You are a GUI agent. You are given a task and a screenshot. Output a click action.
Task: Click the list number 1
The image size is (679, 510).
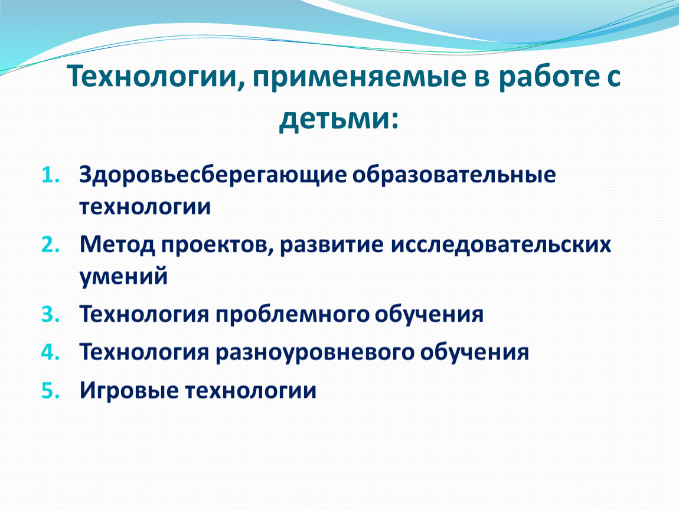coord(50,175)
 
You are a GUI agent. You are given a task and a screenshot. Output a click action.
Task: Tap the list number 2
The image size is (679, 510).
coord(50,245)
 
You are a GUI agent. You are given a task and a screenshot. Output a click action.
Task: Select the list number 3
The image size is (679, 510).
coord(50,314)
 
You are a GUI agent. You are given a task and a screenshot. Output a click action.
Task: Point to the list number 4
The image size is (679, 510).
coord(50,352)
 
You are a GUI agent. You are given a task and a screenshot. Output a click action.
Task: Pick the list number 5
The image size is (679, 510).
coord(50,391)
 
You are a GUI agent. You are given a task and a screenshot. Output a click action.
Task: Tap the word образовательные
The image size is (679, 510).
coord(454,175)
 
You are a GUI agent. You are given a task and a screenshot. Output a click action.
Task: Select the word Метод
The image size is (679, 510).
coord(117,244)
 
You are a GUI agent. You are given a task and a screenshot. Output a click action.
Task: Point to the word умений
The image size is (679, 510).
coord(123,276)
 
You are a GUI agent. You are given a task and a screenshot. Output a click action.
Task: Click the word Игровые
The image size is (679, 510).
coord(129,391)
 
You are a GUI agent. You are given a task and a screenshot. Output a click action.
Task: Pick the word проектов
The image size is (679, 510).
coord(217,244)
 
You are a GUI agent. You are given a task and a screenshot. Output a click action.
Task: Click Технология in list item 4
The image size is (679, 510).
coord(144,352)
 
